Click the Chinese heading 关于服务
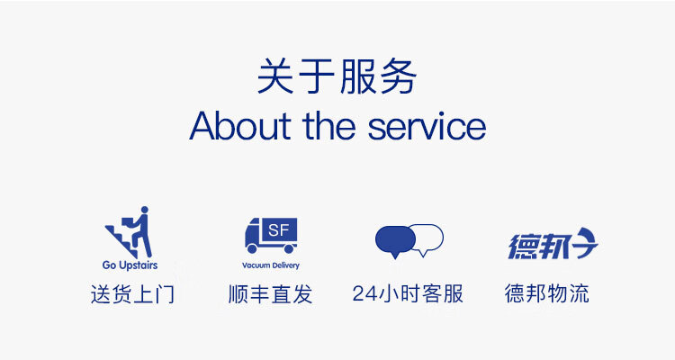(x=337, y=76)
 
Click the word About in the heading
(x=239, y=126)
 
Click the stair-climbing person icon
(x=129, y=232)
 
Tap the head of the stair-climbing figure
(x=145, y=210)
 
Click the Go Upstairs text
(x=130, y=265)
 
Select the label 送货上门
(x=132, y=294)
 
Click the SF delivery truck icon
(x=271, y=235)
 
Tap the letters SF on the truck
(x=278, y=230)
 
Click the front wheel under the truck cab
(x=253, y=248)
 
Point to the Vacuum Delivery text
(x=271, y=265)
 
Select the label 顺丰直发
(x=270, y=294)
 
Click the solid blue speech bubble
(x=395, y=241)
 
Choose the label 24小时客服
(x=408, y=294)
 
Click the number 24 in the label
(x=365, y=294)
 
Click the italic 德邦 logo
(x=553, y=244)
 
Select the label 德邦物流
(x=546, y=294)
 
